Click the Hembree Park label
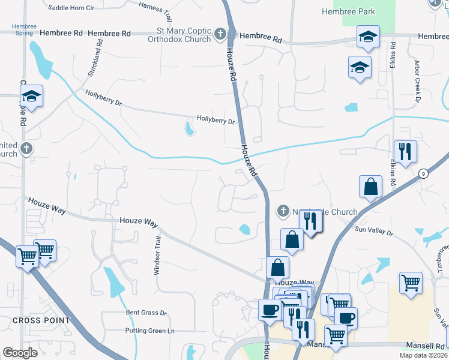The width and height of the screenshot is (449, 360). (348, 11)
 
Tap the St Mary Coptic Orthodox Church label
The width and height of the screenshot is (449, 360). (180, 35)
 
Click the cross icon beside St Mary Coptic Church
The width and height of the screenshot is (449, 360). (220, 34)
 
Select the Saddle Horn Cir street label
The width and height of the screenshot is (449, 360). (71, 8)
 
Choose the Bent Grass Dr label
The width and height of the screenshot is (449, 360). (145, 313)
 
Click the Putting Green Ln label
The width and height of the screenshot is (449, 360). (149, 331)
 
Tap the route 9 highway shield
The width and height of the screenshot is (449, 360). (423, 173)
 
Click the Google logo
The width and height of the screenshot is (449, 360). (20, 353)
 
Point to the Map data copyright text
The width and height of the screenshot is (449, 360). (423, 355)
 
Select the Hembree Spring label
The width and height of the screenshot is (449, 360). (24, 31)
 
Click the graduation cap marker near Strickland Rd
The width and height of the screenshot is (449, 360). (31, 97)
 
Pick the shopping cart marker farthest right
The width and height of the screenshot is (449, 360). (411, 283)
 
